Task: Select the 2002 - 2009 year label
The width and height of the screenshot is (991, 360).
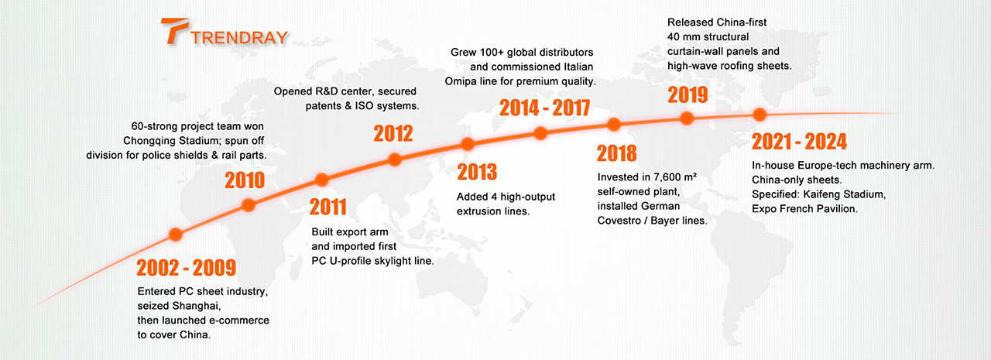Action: pos(186,269)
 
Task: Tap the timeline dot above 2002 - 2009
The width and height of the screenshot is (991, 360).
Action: pos(176,234)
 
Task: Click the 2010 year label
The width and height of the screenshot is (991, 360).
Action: pos(245,181)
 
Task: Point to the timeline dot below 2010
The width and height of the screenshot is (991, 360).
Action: pos(249,205)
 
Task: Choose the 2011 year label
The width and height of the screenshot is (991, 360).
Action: pos(329,208)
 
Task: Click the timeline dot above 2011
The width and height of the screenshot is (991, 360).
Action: pos(321,180)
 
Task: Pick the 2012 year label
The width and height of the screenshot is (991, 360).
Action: pos(393,134)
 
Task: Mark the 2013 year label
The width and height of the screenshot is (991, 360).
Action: pos(477,171)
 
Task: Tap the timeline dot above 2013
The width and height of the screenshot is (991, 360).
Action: pos(467,143)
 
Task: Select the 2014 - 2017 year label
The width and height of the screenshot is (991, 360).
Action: pos(544,108)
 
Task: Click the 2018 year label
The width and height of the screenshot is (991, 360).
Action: pos(617,153)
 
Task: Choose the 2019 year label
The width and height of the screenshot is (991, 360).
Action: pos(688,95)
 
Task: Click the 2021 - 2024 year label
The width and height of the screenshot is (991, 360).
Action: pos(800,142)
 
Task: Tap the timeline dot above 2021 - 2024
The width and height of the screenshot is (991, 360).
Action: pos(760,115)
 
